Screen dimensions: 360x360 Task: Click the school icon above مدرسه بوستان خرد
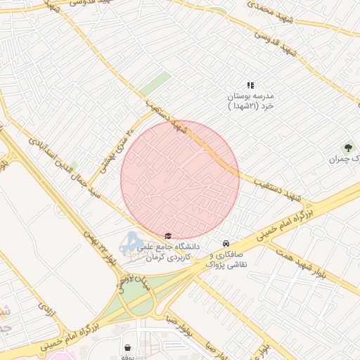pos(250,85)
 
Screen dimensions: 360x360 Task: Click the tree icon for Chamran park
pos(347,148)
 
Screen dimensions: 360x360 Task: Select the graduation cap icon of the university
pos(167,236)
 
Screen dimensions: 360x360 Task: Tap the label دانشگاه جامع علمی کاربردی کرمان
pos(173,252)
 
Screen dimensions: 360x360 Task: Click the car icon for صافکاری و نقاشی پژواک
pos(225,237)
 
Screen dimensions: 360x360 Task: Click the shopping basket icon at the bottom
pos(127,347)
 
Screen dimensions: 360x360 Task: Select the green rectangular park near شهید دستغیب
pos(155,84)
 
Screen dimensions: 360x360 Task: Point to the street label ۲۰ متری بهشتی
pos(118,137)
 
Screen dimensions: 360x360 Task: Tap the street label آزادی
pos(45,307)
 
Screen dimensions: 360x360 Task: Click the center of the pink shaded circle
pos(180,179)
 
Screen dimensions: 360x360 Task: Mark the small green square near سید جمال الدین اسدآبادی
pos(74,165)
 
